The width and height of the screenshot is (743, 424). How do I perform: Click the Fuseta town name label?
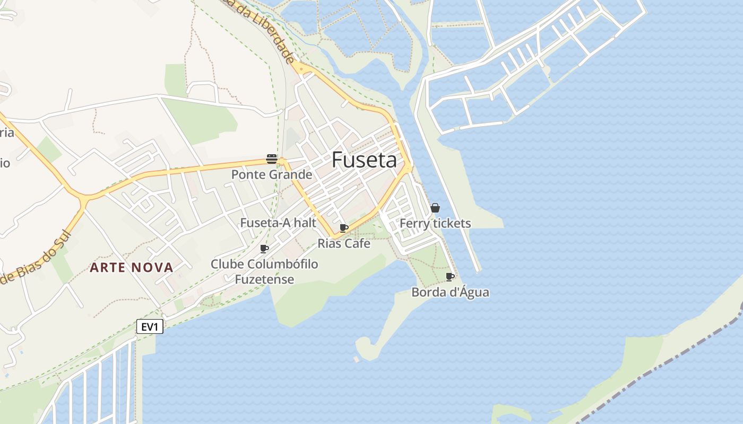pyautogui.click(x=364, y=160)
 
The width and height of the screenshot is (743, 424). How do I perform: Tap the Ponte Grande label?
pyautogui.click(x=272, y=174)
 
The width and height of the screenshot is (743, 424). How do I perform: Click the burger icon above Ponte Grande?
pyautogui.click(x=272, y=159)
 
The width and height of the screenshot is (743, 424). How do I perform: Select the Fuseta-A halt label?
pyautogui.click(x=278, y=223)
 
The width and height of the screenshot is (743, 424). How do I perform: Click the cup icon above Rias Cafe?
pyautogui.click(x=344, y=228)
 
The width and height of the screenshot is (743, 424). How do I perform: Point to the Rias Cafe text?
pyautogui.click(x=344, y=243)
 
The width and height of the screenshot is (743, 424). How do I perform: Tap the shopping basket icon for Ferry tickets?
pyautogui.click(x=435, y=208)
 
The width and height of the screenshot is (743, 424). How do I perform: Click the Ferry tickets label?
pyautogui.click(x=435, y=223)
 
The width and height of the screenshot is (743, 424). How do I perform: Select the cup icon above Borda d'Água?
pyautogui.click(x=450, y=277)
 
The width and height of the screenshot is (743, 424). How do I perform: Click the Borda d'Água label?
pyautogui.click(x=450, y=292)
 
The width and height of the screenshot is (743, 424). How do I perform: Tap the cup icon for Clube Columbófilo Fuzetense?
pyautogui.click(x=264, y=249)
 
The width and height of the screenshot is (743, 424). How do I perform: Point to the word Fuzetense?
pyautogui.click(x=264, y=279)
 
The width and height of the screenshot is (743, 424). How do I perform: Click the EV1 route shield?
pyautogui.click(x=150, y=326)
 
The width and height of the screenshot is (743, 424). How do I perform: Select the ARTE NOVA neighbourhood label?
pyautogui.click(x=132, y=267)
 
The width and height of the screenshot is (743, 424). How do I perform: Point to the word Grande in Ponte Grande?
pyautogui.click(x=291, y=174)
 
